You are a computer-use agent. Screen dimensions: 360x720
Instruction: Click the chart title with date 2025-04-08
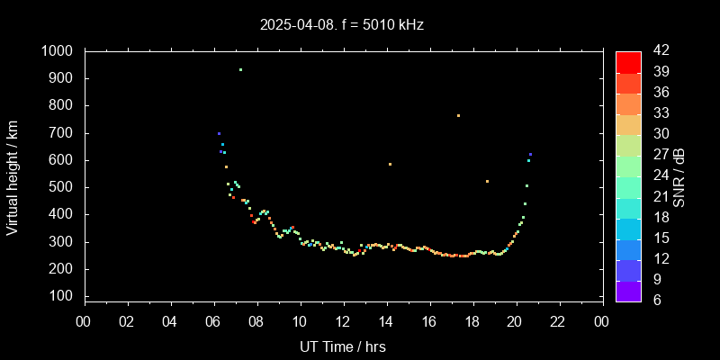click(x=341, y=24)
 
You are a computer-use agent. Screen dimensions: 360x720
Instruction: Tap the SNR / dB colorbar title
click(x=679, y=176)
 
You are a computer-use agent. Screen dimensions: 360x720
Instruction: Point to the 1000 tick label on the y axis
click(x=59, y=51)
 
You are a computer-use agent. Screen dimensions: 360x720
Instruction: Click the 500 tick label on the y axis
click(x=64, y=187)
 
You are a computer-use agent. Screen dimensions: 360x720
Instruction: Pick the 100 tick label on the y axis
click(x=64, y=296)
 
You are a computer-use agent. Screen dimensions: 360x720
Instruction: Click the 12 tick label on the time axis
click(x=343, y=321)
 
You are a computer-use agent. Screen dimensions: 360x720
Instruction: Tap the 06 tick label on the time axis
click(x=213, y=321)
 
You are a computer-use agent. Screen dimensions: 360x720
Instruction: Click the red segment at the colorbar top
click(x=628, y=61)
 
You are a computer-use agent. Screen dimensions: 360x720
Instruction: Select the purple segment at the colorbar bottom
click(x=628, y=290)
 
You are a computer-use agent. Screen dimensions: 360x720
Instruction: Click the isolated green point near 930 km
click(x=240, y=69)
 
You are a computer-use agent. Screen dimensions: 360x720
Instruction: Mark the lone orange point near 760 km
click(x=458, y=115)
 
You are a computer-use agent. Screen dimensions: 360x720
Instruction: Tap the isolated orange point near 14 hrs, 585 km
click(x=390, y=164)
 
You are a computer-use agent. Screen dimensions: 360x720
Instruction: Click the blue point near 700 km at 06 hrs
click(x=219, y=133)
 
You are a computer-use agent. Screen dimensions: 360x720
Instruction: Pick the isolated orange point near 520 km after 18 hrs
click(x=487, y=182)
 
